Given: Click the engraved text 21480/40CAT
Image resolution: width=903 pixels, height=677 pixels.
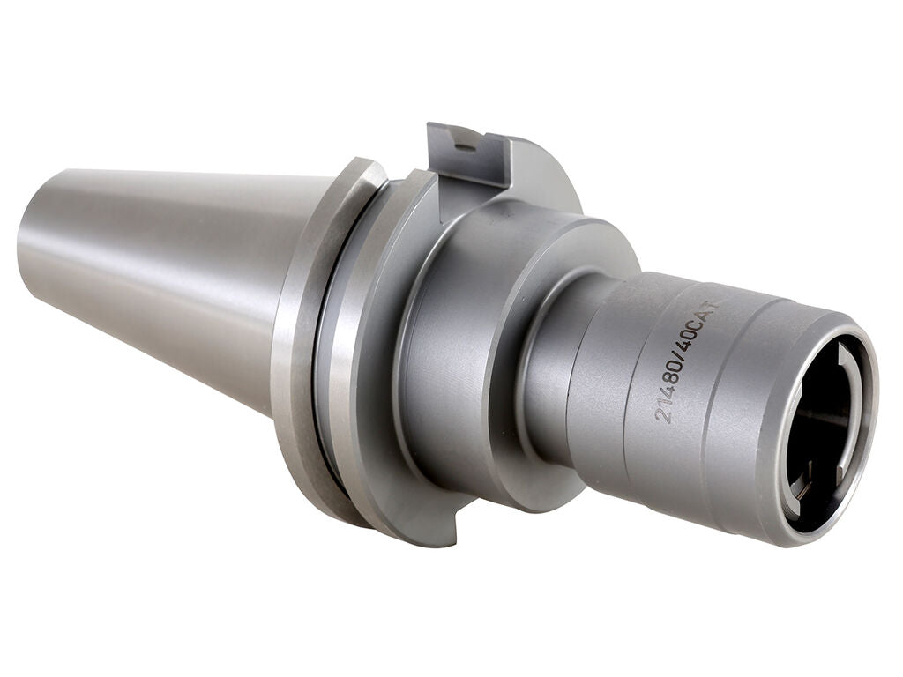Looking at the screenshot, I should tap(689, 361).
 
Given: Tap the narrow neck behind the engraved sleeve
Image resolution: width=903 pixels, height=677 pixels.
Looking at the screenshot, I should tap(551, 370).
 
